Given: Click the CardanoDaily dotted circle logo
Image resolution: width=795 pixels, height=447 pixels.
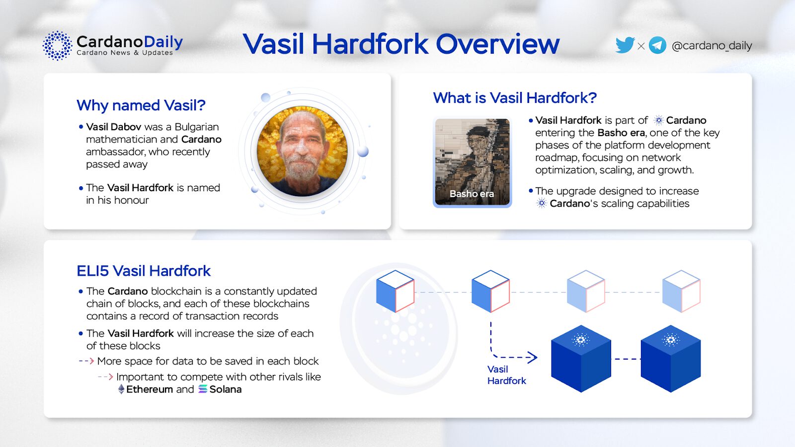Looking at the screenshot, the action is point(57,45).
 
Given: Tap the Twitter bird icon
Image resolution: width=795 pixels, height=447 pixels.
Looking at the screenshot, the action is point(625,45).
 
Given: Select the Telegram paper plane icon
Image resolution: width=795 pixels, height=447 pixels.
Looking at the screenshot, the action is point(657,45).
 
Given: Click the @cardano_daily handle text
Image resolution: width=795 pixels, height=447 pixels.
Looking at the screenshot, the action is point(712,46).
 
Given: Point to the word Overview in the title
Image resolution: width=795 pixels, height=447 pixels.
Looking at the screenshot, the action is point(497,44).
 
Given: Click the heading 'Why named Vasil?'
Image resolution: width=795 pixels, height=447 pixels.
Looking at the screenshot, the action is point(141,105).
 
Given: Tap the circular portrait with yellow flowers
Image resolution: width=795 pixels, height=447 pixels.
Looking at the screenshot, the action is point(302,151).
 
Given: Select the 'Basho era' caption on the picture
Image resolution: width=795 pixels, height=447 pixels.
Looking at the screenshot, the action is point(472,194).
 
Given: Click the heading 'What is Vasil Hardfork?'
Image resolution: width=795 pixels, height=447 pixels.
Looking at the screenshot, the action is point(515,98).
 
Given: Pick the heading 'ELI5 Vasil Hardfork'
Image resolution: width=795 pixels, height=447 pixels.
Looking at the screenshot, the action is point(144,271).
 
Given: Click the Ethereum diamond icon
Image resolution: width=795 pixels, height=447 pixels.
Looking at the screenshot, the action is point(121,389).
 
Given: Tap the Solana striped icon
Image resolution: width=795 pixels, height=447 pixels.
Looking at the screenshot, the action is point(203,389).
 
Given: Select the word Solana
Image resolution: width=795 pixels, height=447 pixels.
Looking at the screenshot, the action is point(226,389).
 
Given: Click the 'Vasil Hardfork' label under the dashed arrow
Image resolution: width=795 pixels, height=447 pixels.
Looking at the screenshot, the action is point(506,375).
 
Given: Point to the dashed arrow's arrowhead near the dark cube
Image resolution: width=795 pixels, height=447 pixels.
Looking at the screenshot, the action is point(532,357).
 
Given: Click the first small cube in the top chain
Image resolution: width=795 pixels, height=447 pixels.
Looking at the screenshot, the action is point(396,291).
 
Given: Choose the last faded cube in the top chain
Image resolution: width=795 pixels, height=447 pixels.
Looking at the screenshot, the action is point(681,291).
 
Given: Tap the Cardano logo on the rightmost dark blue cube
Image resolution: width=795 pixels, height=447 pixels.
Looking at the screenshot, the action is point(671,340).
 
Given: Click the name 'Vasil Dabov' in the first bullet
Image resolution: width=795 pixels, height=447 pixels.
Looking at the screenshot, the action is point(114,127).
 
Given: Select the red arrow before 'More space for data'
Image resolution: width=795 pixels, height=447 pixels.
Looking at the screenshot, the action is point(86,361).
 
